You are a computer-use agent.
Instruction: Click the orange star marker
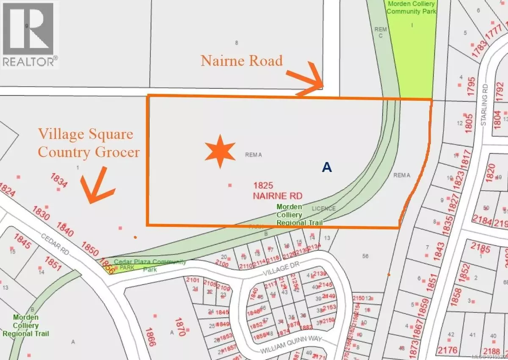click(x=220, y=152)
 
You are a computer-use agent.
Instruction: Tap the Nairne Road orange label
click(x=242, y=61)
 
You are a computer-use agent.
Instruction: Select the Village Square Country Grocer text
click(x=88, y=143)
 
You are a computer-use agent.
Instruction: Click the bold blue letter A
click(x=326, y=168)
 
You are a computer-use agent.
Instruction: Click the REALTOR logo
click(x=29, y=34)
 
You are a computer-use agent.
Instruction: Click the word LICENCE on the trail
click(x=324, y=208)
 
